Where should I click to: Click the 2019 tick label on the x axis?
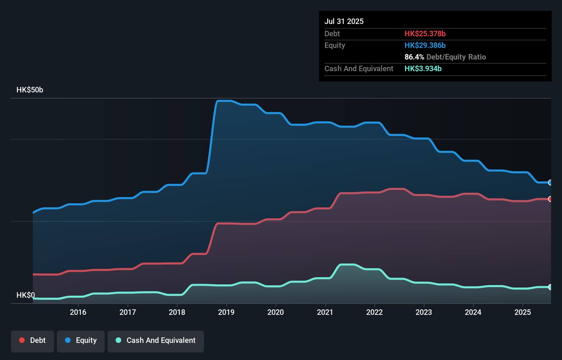pos(226,312)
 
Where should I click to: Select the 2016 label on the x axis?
pos(78,312)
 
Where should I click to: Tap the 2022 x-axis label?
pos(374,312)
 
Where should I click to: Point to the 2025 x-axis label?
pos(523,312)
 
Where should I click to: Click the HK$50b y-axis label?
pos(30,90)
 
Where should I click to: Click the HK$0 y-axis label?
pos(26,295)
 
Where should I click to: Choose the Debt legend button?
pos(33,340)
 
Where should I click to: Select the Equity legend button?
pos(81,340)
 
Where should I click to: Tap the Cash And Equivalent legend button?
pos(156,340)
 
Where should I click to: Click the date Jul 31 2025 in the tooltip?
pos(344,21)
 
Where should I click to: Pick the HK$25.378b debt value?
pos(425,34)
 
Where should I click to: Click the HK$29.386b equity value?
pos(425,45)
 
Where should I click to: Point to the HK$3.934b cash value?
pos(423,68)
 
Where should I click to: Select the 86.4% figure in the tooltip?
pos(414,57)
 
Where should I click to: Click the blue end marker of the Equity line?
pos(550,182)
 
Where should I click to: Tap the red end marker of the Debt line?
pos(550,199)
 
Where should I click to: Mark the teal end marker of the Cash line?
pos(550,287)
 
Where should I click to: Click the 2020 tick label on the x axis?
pos(276,312)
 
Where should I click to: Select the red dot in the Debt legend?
pos(22,340)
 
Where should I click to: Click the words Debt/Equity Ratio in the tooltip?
pos(456,57)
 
